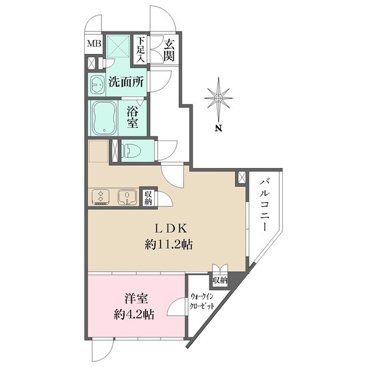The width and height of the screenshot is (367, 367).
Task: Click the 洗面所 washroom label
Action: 126,82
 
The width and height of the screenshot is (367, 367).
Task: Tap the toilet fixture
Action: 131,150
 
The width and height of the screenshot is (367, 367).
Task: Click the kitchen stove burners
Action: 101,197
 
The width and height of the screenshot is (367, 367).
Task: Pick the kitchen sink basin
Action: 125,197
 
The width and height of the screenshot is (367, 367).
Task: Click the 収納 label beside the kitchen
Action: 148,198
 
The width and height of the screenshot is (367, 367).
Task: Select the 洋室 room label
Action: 137,299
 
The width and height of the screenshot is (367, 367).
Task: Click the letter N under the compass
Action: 218,128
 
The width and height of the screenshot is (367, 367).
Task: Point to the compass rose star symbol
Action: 218,97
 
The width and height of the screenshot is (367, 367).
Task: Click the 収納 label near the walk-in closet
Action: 220,280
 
